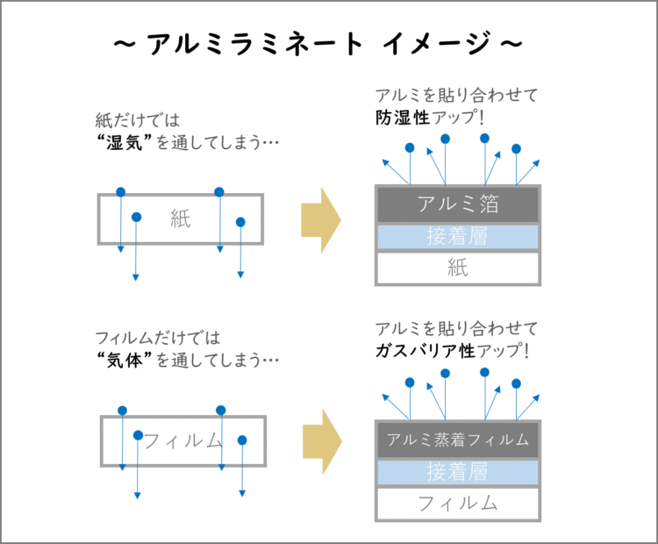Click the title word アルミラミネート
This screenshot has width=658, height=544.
[x=254, y=43]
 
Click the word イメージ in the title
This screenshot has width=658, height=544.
[x=437, y=43]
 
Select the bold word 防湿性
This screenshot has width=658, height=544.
[x=403, y=118]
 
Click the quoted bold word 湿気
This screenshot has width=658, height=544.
[x=125, y=143]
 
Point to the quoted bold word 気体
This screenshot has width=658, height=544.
[x=125, y=360]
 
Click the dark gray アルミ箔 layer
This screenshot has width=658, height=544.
[x=458, y=204]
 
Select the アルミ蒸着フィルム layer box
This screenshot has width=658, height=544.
[x=458, y=440]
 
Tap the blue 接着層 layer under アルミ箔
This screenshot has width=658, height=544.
[x=458, y=237]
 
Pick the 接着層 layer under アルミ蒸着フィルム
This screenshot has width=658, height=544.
[x=458, y=472]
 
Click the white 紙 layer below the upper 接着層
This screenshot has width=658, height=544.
[x=458, y=268]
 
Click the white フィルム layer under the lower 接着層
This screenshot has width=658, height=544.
[x=458, y=504]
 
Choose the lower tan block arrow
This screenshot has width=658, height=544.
[x=322, y=441]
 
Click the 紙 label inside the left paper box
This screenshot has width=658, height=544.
[x=181, y=218]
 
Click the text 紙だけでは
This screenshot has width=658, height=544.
[x=138, y=120]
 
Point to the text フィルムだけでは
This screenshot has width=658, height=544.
[x=158, y=338]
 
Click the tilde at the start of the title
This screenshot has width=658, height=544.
[x=125, y=43]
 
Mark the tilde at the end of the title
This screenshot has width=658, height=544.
[x=511, y=43]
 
